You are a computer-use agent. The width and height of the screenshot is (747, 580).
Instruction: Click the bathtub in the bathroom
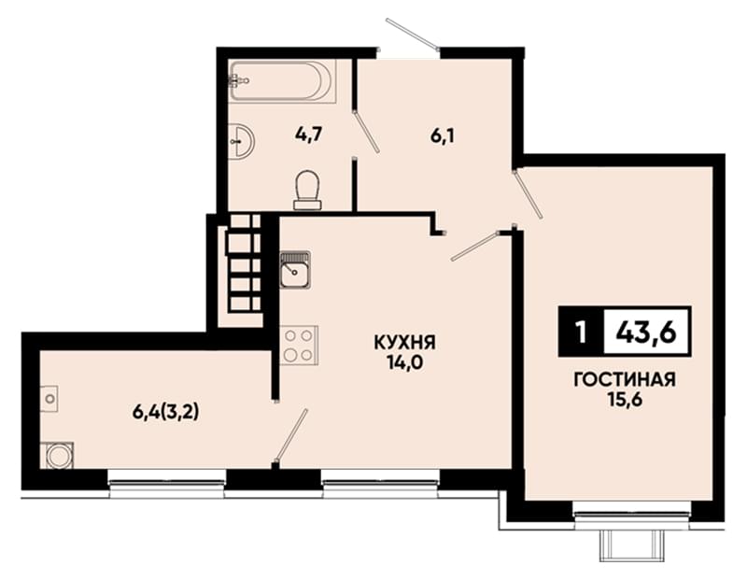[283, 80]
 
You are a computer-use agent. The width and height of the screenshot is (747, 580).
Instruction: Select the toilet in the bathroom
[308, 191]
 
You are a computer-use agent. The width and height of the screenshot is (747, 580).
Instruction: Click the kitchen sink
[295, 271]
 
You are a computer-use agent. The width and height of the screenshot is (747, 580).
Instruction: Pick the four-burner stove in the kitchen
[299, 346]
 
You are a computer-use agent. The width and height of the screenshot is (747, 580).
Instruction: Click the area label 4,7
[309, 134]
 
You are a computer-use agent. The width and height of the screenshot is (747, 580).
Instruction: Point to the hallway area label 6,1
[443, 136]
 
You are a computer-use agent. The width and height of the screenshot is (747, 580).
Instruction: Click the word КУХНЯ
[405, 342]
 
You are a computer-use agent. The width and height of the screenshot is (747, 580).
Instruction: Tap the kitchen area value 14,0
[405, 363]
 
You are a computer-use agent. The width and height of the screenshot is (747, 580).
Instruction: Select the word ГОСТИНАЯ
[625, 380]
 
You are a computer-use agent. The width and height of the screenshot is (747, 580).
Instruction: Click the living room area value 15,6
[625, 400]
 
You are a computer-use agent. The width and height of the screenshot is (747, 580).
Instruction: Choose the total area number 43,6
[646, 332]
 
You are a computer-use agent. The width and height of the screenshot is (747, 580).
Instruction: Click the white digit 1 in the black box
[581, 332]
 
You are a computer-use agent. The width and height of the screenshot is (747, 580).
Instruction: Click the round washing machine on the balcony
[60, 456]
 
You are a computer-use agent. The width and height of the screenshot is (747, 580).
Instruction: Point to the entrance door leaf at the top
[413, 35]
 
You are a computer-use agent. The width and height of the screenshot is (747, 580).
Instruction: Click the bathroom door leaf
[366, 131]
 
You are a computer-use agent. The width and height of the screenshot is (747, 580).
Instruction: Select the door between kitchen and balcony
[291, 435]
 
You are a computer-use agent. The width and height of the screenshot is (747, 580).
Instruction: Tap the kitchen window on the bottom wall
[380, 484]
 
